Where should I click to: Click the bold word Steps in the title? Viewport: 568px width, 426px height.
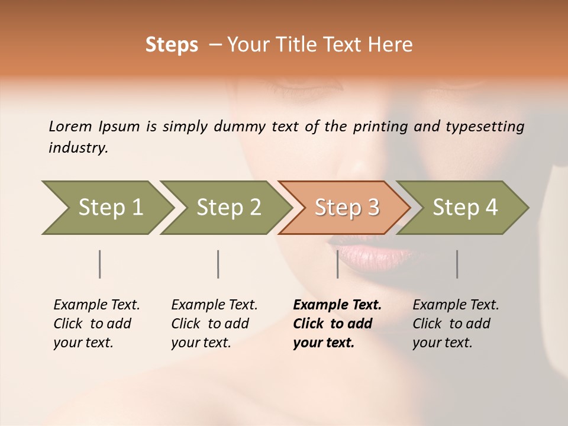coord(172,45)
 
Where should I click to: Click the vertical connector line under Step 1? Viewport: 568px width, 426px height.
coord(100,264)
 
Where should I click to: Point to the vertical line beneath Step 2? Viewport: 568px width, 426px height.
coord(218,264)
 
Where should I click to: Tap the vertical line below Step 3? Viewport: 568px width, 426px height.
coord(337,264)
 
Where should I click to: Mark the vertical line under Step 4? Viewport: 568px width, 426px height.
coord(457,264)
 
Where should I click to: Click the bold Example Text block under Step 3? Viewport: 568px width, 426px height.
coord(337,324)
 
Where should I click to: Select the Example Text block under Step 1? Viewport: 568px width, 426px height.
coord(96,324)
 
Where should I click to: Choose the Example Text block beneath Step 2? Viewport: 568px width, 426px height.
coord(214,324)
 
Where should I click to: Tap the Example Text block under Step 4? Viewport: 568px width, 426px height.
coord(456,324)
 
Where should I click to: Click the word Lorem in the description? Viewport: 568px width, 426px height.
coord(70,126)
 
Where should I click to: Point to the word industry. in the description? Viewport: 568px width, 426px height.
coord(78,148)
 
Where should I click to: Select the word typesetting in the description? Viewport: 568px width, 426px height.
coord(485,126)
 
